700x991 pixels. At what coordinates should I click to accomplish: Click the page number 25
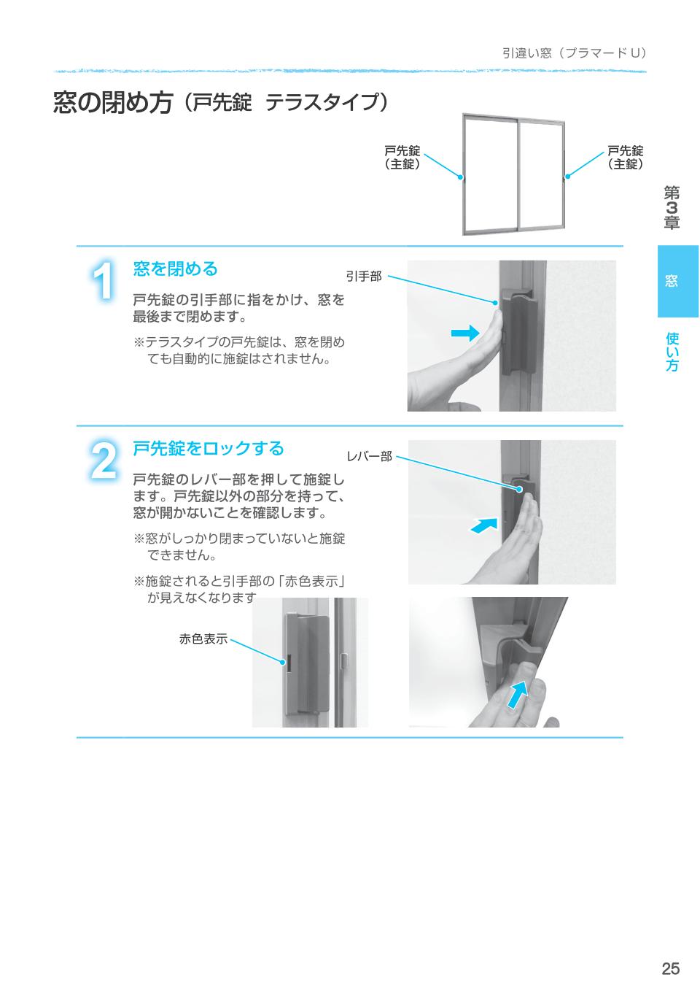[x=670, y=968]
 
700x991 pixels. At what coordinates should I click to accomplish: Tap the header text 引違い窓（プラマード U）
[x=574, y=53]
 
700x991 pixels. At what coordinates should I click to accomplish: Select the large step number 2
[x=104, y=460]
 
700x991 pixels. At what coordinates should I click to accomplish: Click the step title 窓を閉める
[x=175, y=269]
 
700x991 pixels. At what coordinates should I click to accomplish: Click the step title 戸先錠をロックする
[x=208, y=448]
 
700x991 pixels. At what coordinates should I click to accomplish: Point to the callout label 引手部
[x=363, y=277]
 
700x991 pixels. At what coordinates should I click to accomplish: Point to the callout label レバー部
[x=369, y=457]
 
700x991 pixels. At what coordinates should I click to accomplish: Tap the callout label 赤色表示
[x=203, y=639]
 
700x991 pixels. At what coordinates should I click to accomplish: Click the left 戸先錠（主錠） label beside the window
[x=402, y=158]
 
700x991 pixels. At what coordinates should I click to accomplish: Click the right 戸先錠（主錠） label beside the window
[x=625, y=158]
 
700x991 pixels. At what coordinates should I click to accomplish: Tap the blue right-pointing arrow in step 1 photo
[x=464, y=333]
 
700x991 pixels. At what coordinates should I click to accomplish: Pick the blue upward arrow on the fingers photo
[x=516, y=694]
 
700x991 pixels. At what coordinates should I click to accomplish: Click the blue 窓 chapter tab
[x=678, y=281]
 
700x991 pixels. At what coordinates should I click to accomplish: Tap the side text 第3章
[x=672, y=208]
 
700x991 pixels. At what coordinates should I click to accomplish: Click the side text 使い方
[x=672, y=352]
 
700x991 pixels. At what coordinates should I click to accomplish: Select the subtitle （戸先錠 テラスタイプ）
[x=284, y=103]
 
